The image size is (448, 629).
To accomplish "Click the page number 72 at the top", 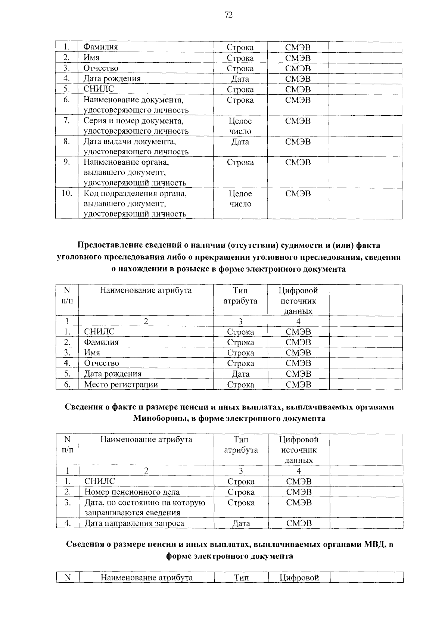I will pos(228,15).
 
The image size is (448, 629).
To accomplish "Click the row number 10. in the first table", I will pos(66,193).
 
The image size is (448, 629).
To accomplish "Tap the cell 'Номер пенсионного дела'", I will pos(132,492).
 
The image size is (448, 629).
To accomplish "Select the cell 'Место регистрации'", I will pos(121,384).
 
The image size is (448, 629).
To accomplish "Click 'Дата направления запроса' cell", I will pos(134,523).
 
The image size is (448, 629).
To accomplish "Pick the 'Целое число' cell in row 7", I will pos(240,126).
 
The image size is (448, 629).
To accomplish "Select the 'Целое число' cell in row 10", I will pos(240,199).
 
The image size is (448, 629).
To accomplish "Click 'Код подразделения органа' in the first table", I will pos(135,193).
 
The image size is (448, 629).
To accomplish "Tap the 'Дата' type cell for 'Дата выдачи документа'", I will pos(240,142).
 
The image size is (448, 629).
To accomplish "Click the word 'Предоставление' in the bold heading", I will pos(106,245).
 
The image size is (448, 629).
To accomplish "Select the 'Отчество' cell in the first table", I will pos(101,68).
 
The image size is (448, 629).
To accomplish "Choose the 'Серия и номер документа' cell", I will pos(134,121).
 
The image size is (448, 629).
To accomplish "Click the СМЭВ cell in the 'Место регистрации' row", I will pos(298,384).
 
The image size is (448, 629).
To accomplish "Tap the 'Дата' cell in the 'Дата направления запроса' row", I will pos(241,523).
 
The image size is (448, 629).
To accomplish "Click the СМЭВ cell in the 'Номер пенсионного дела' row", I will pos(299,492).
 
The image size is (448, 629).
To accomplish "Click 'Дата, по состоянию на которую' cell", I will pos(145,502).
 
